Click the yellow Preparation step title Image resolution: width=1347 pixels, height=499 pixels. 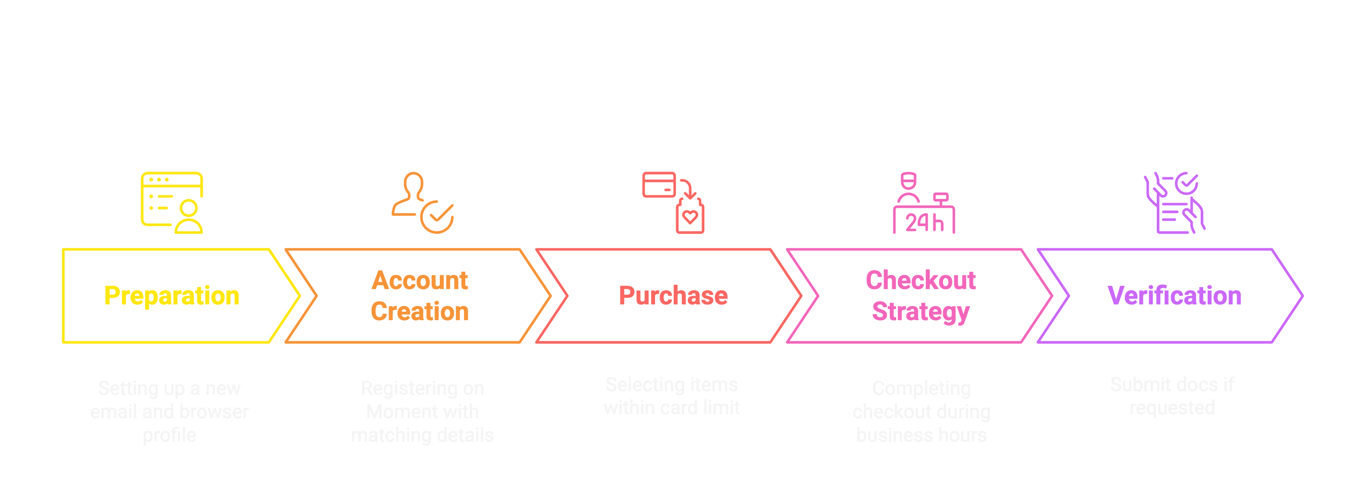172,296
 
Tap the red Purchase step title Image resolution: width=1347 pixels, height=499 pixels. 673,296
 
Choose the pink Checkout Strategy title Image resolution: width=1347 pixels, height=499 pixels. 921,296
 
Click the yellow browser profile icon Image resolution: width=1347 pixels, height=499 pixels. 172,203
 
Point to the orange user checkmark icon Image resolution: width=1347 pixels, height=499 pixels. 422,203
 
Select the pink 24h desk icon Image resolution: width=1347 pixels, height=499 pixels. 923,203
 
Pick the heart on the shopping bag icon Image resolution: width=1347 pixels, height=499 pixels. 690,217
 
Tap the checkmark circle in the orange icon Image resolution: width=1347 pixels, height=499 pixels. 437,216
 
